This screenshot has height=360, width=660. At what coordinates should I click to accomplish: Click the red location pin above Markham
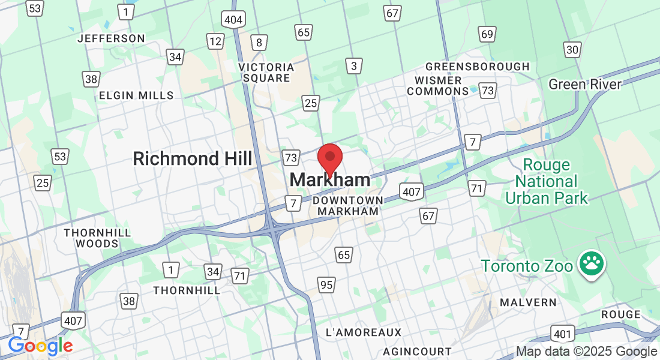point(329,157)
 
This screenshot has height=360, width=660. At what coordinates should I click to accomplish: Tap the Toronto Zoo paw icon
point(591,265)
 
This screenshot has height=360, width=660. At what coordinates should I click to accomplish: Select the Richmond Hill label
point(192,158)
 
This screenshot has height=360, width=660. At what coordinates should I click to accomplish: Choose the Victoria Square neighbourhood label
point(266,72)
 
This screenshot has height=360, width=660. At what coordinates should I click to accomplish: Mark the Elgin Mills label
point(136,95)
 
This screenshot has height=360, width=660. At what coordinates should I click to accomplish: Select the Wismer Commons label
point(437,86)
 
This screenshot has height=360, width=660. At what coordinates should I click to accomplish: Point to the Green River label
point(585,84)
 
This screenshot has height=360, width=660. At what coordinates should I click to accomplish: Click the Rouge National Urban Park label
point(547,181)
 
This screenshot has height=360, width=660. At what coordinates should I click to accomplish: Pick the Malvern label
point(528,302)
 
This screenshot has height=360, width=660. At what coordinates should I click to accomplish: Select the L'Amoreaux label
point(363,332)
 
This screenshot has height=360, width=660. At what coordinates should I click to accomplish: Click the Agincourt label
point(417,351)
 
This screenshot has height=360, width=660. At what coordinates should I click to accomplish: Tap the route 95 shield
point(326,284)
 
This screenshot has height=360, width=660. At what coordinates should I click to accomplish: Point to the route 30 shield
point(572,50)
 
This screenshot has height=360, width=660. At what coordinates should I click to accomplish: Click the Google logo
point(40,346)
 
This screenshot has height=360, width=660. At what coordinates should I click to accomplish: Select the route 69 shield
point(487,34)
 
